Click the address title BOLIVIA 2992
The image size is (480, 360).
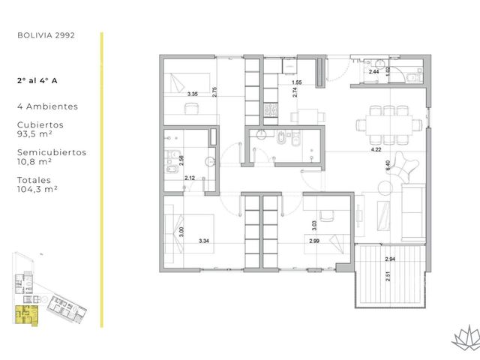[x=46, y=35]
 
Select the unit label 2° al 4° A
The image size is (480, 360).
[x=37, y=81]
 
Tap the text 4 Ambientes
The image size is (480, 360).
[x=48, y=106]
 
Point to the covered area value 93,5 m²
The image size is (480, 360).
[x=34, y=134]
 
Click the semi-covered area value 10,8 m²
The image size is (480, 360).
[x=34, y=162]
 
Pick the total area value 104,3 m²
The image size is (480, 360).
[x=37, y=189]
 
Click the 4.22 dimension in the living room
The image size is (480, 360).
[x=376, y=150]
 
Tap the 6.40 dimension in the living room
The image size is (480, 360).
[x=388, y=166]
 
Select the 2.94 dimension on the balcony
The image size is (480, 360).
[x=390, y=259]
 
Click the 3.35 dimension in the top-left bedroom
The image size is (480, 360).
[x=193, y=94]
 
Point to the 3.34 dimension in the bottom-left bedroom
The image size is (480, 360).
[x=204, y=241]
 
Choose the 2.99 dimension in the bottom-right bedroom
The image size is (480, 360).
[x=314, y=241]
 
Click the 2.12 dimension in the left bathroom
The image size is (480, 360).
[x=190, y=178]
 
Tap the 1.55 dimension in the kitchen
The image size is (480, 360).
[x=297, y=82]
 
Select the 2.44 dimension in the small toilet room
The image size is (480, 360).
[x=373, y=72]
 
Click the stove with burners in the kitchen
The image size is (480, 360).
[x=271, y=110]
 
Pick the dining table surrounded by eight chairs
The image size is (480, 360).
[x=388, y=125]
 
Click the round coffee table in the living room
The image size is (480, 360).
[x=385, y=187]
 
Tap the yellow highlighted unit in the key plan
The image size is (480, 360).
[x=26, y=315]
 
